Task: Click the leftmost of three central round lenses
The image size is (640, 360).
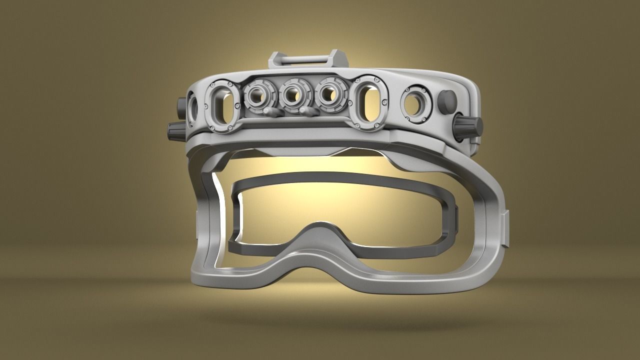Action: pos(258,95)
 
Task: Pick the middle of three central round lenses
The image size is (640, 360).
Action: pos(293,95)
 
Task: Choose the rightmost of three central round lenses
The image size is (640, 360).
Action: pos(328,95)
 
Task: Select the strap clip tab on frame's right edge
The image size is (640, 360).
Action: pos(506,228)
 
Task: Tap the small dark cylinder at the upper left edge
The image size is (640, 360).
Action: pos(180,105)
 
